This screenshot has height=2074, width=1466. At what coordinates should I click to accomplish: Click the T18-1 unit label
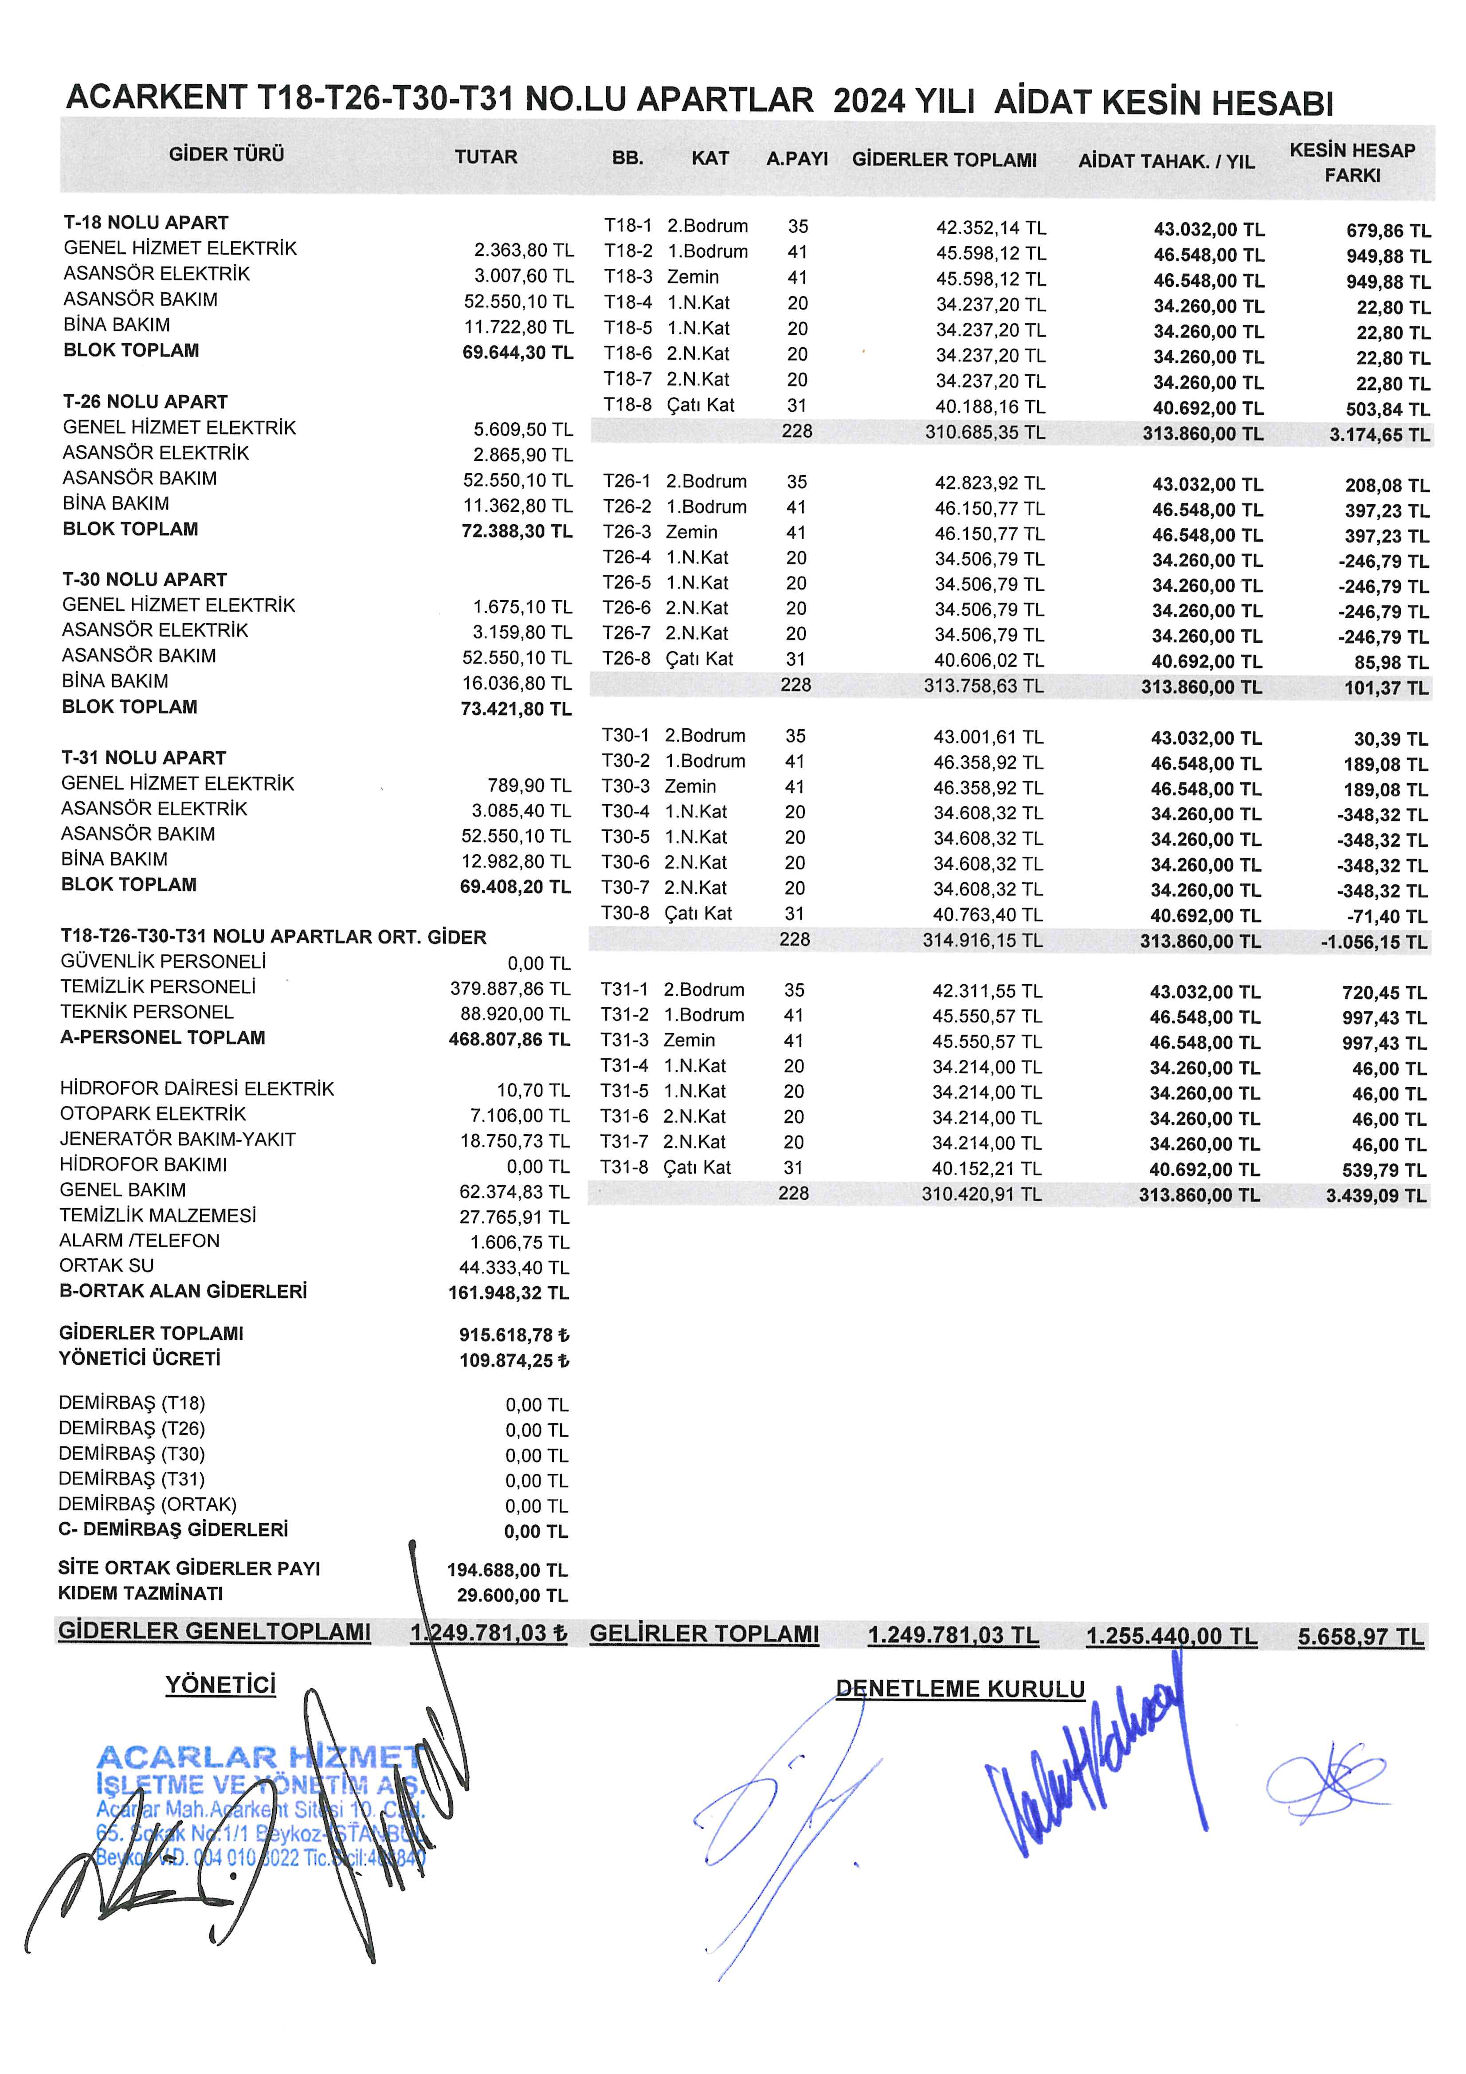[628, 226]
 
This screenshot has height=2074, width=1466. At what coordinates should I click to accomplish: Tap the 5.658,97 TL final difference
[1360, 1637]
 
